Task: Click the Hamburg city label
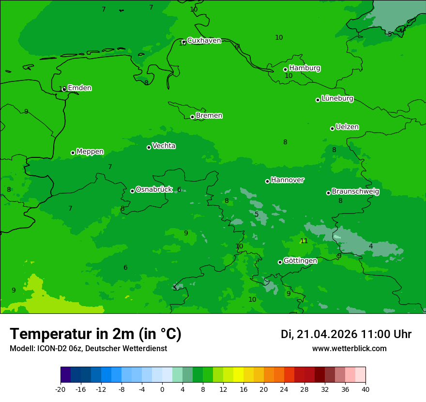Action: (304, 68)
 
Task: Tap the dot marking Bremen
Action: (192, 117)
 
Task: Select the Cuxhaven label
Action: (204, 41)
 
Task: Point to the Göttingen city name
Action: (300, 261)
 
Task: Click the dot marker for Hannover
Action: (267, 181)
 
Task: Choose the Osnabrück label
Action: (154, 189)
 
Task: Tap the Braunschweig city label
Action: (355, 192)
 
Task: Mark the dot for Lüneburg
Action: (318, 100)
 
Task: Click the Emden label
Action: (79, 88)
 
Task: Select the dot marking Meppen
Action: (73, 153)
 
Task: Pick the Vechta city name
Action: (164, 146)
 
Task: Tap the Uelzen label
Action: (347, 127)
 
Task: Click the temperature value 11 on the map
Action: (304, 241)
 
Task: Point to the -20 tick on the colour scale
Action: (61, 389)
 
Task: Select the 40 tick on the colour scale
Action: (365, 389)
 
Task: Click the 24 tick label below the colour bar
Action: (284, 389)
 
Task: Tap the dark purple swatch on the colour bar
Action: (65, 375)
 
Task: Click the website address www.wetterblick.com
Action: (349, 349)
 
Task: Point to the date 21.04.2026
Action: (327, 334)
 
